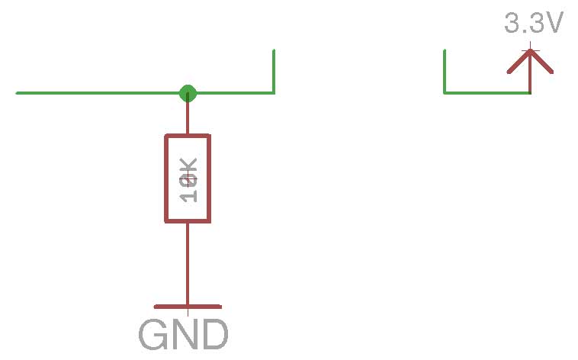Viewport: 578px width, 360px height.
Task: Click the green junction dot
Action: click(188, 93)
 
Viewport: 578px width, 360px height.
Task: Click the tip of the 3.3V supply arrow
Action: click(531, 52)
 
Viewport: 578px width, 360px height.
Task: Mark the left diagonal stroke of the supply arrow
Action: click(519, 63)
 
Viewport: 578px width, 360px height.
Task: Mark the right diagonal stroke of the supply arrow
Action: click(542, 63)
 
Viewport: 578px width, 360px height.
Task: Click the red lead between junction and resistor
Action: click(188, 117)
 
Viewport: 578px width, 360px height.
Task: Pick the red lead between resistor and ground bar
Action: click(188, 263)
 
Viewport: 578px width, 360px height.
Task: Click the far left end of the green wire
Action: click(18, 93)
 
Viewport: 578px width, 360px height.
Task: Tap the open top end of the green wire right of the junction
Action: click(274, 51)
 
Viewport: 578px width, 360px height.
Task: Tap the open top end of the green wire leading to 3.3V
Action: click(445, 51)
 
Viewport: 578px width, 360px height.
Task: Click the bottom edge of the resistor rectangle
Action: click(188, 221)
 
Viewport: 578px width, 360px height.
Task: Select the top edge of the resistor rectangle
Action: click(188, 136)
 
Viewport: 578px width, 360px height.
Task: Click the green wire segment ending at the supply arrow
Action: click(488, 93)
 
